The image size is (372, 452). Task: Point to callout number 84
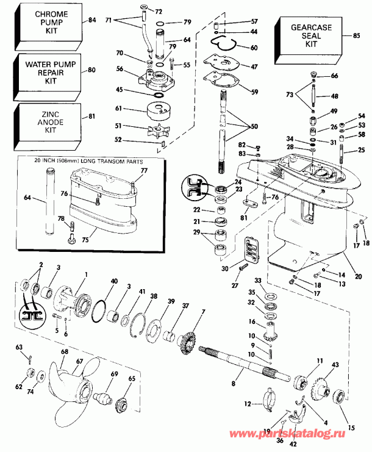(x=91, y=20)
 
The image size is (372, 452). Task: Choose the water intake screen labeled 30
(x=251, y=249)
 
